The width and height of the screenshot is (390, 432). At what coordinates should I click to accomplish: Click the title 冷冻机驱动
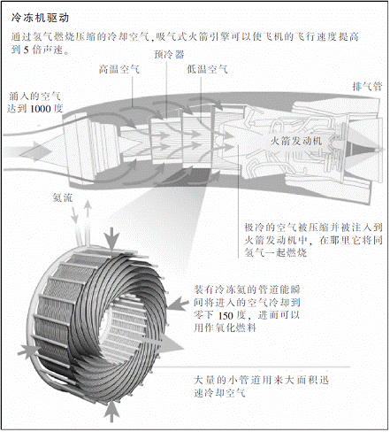click(41, 18)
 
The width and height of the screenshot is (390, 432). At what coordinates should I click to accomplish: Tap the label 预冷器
click(169, 55)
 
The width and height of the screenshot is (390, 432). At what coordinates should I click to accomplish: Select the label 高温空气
click(119, 70)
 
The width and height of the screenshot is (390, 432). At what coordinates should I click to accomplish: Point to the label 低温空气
click(207, 70)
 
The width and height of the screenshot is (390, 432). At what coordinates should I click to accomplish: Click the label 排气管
click(367, 87)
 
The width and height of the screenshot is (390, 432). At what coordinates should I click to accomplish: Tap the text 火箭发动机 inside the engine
click(296, 141)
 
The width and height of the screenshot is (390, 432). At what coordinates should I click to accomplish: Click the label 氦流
click(63, 197)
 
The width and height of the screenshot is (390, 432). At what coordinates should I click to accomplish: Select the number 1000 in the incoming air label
click(41, 109)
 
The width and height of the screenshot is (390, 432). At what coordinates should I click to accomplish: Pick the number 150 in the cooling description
click(226, 316)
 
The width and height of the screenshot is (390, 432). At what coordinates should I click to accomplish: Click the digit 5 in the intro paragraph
click(27, 50)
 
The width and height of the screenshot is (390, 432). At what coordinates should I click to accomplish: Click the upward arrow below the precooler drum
click(111, 411)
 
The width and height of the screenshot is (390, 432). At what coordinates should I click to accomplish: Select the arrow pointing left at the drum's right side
click(178, 304)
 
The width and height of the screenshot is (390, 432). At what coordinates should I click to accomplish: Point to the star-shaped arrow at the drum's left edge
click(28, 351)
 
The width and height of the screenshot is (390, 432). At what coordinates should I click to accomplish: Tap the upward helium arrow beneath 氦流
click(88, 220)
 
